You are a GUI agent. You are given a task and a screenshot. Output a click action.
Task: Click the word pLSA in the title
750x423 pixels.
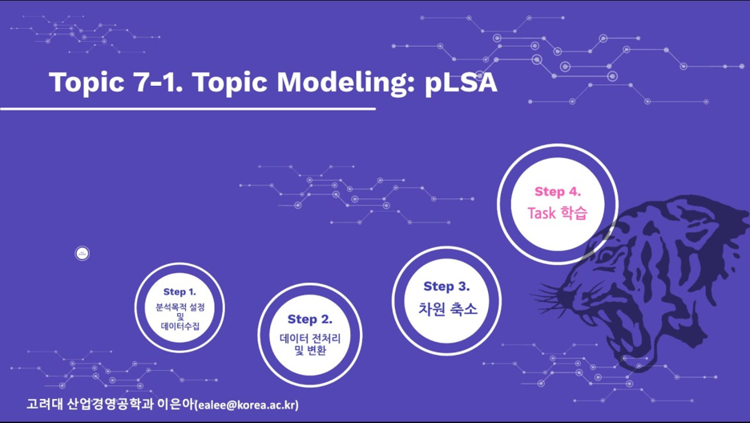tap(461, 83)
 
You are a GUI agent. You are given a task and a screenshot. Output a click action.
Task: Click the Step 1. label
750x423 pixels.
tap(179, 291)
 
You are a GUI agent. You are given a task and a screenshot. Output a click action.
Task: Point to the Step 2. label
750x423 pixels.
tap(310, 319)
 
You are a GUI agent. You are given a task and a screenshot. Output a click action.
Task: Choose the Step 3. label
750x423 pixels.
tap(447, 287)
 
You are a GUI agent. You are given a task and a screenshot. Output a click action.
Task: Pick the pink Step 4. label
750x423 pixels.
tap(558, 192)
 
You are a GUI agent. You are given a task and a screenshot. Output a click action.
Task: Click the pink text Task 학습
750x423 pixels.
tap(557, 213)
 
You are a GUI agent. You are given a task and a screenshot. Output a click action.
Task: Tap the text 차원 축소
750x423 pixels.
tap(448, 309)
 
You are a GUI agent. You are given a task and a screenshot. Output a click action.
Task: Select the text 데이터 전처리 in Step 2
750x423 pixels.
tap(310, 339)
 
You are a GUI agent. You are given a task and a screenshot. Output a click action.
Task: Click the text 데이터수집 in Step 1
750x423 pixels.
tap(179, 326)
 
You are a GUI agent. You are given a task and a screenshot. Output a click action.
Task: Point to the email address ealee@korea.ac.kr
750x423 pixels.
tap(247, 405)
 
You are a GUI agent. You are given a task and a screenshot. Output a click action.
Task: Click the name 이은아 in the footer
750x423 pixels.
tap(175, 404)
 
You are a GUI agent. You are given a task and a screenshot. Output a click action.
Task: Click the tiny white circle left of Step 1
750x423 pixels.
tap(83, 254)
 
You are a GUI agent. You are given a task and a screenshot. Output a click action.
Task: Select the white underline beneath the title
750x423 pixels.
tap(188, 108)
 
